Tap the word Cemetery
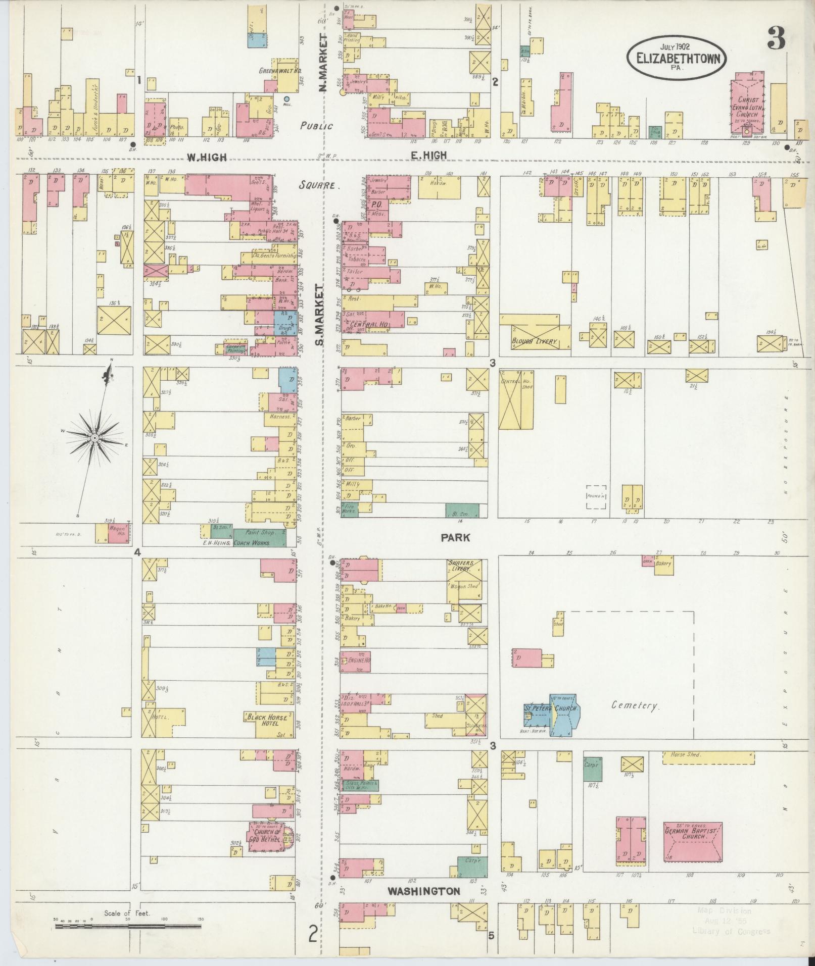(635, 705)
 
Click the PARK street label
(455, 538)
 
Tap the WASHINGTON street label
(423, 892)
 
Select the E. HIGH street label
(428, 156)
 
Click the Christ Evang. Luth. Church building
(746, 106)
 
